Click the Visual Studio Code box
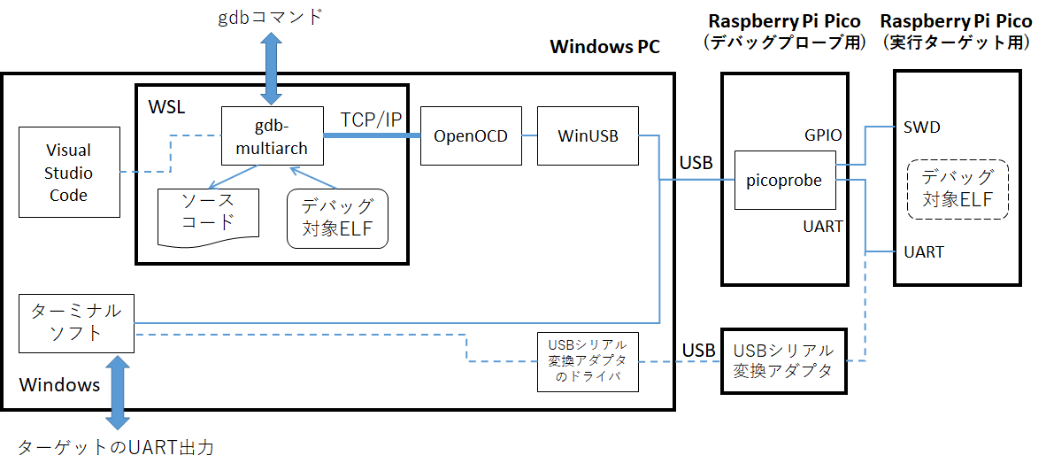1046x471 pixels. pos(69,173)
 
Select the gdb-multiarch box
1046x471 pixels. pos(272,135)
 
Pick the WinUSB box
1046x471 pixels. pos(587,135)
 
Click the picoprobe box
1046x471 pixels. pos(784,181)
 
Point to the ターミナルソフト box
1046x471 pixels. pos(77,322)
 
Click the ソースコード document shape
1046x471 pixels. pos(208,215)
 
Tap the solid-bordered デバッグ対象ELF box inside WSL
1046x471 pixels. pos(337,218)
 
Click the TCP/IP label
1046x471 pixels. pos(371,119)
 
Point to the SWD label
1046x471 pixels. pos(922,127)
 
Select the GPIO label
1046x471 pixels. pos(823,135)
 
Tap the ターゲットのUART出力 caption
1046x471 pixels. pos(116,447)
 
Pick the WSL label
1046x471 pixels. pos(167,107)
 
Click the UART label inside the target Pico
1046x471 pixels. pos(923,252)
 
